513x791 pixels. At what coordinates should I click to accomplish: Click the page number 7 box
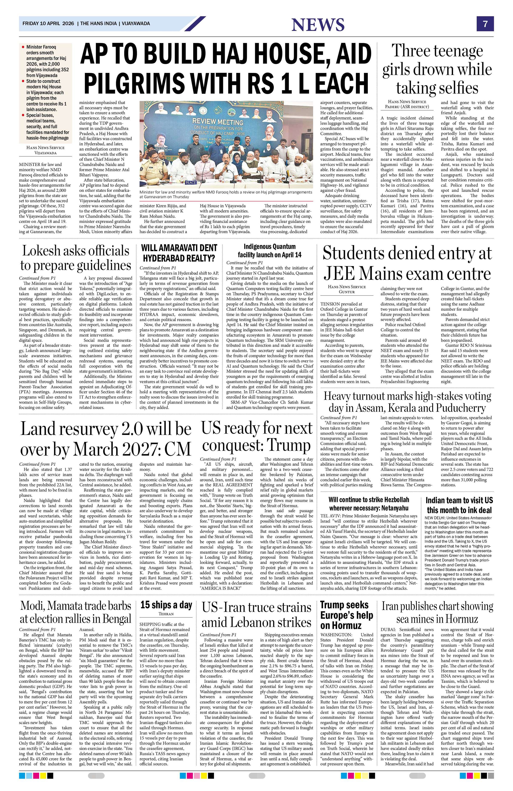485,24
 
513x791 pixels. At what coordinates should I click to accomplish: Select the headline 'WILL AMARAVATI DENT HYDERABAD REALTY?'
179,253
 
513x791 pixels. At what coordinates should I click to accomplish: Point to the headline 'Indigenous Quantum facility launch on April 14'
270,250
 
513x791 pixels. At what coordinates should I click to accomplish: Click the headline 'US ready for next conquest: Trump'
257,436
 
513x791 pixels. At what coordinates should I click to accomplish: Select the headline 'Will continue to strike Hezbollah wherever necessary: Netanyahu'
369,504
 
